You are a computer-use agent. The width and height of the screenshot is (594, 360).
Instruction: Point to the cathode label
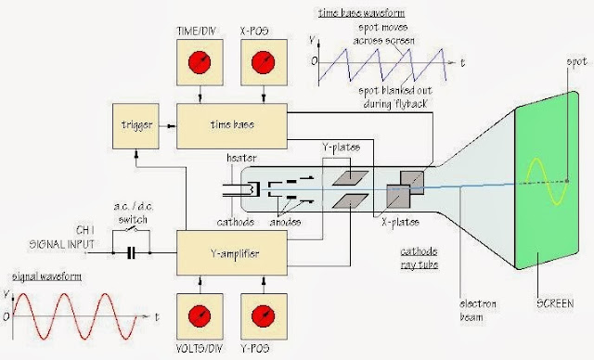tap(235, 223)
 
